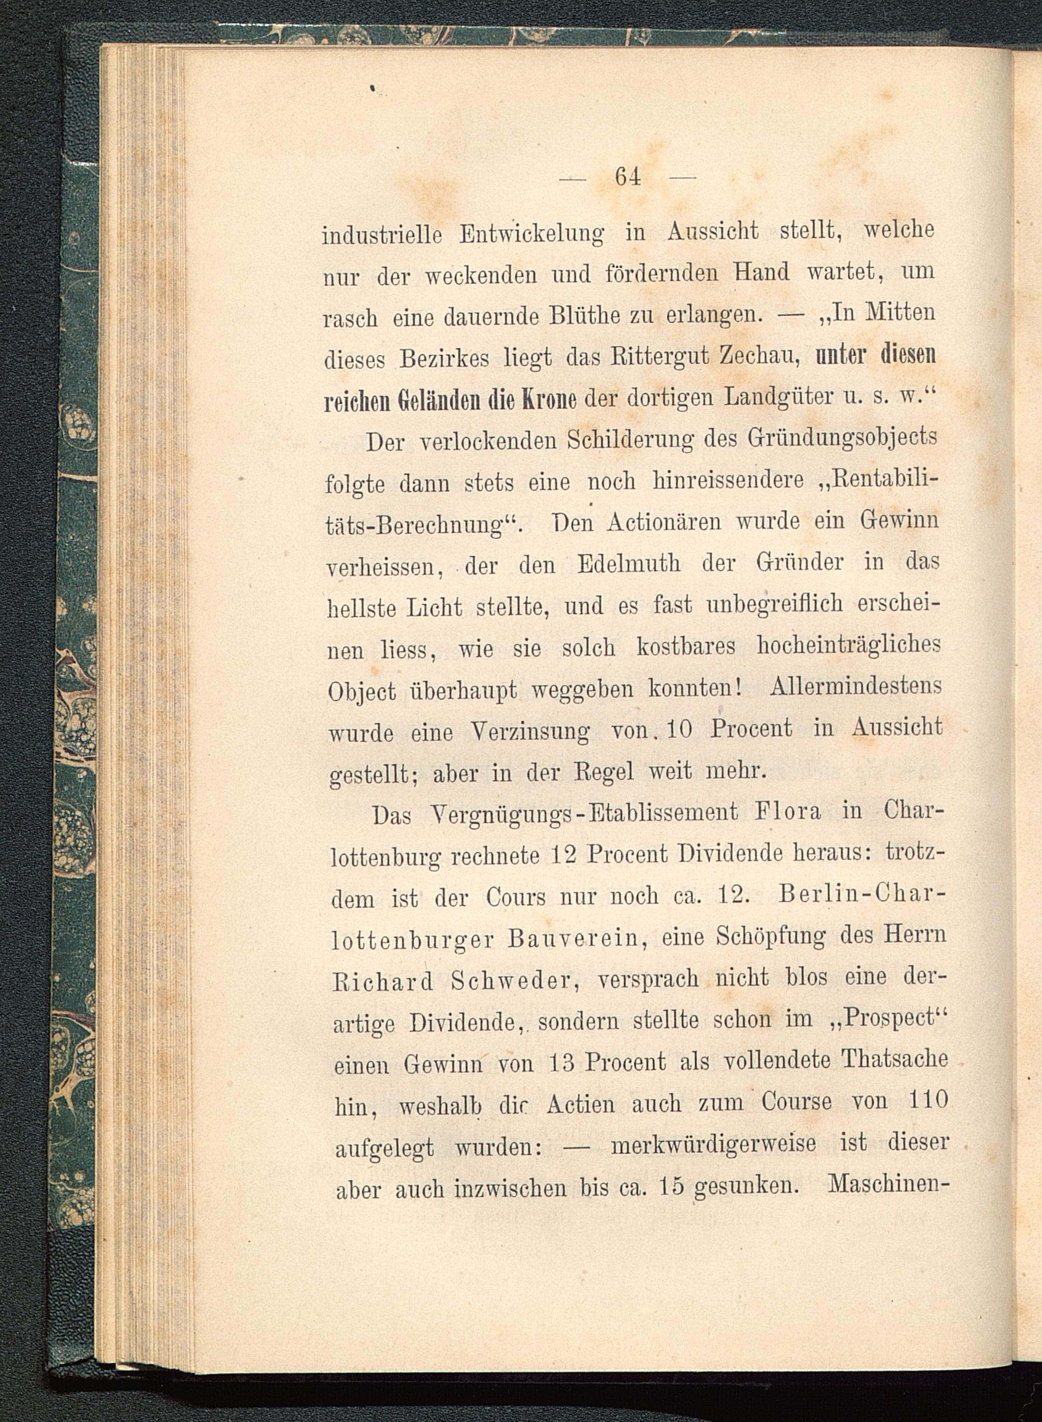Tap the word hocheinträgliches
click(848, 646)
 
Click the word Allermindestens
click(856, 687)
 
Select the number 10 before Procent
click(679, 729)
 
